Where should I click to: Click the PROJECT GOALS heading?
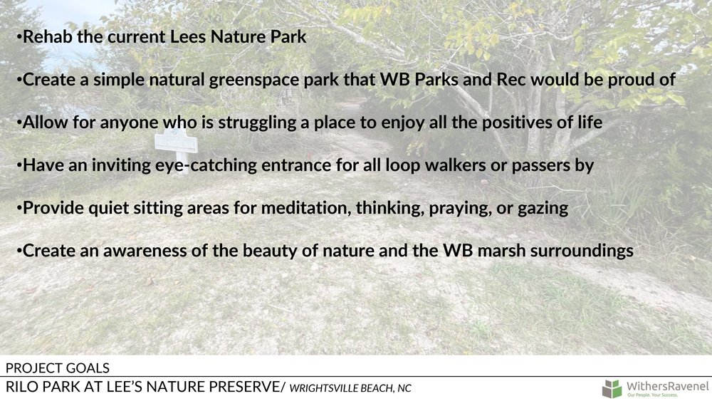click(x=58, y=368)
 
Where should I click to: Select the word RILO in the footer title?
click(x=22, y=387)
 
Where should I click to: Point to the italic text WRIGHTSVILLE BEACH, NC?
click(x=350, y=388)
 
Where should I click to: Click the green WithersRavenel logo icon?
click(x=612, y=389)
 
